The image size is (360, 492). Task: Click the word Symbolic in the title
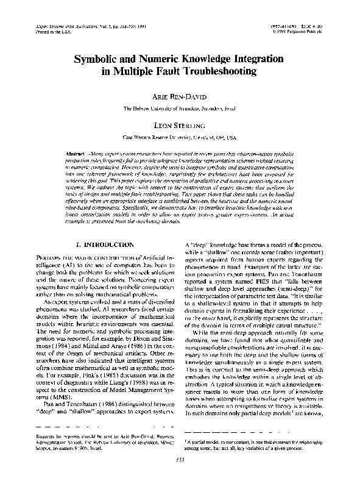click(x=97, y=62)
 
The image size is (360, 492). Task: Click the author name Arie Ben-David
click(x=180, y=96)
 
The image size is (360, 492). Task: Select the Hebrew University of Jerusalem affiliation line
click(x=180, y=108)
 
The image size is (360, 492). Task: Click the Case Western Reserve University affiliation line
click(x=180, y=138)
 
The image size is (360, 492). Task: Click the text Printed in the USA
click(x=48, y=32)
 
